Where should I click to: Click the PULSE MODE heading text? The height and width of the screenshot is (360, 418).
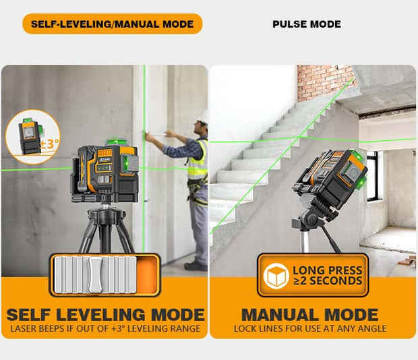(x=307, y=24)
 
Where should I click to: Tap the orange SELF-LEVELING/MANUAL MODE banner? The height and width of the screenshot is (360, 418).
(x=113, y=24)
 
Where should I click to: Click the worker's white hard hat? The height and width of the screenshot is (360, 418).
(x=202, y=116)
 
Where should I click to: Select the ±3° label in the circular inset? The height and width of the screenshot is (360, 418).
(x=49, y=144)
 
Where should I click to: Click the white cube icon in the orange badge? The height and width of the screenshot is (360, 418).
(x=276, y=276)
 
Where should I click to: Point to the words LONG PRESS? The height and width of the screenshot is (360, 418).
(x=328, y=270)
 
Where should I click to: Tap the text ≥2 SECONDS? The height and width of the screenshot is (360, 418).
(x=328, y=281)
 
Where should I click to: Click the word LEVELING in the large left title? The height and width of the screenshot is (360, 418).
(x=100, y=315)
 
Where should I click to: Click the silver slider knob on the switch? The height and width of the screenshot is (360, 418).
(x=96, y=275)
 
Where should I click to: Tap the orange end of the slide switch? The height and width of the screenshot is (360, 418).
(x=146, y=275)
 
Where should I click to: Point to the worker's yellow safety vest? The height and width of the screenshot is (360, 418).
(x=198, y=160)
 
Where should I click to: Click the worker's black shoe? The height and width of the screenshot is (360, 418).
(x=196, y=266)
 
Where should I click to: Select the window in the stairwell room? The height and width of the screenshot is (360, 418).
(x=372, y=176)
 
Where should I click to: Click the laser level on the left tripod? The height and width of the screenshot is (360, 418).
(x=105, y=173)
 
